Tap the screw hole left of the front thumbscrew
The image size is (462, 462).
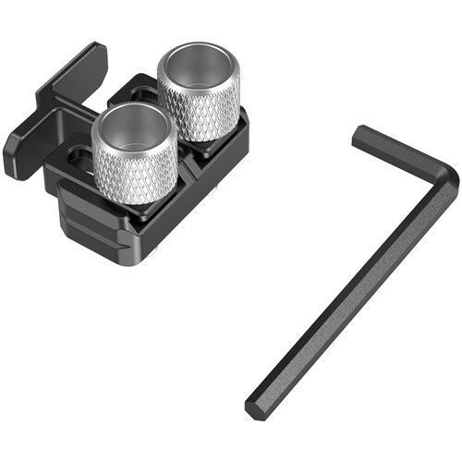(x=79, y=157)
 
